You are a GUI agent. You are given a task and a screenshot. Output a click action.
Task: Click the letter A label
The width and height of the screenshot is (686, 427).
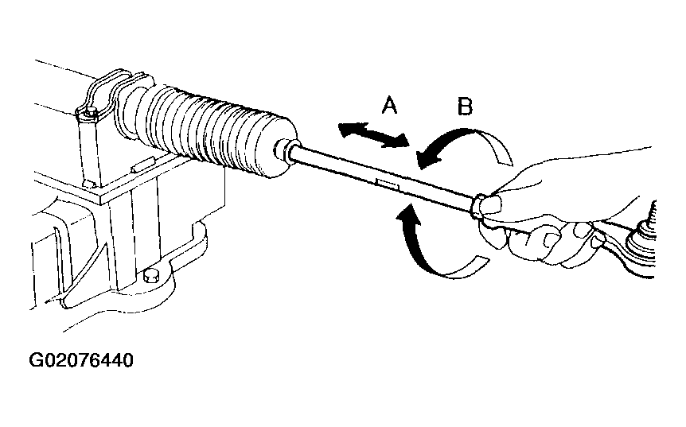pyautogui.click(x=389, y=106)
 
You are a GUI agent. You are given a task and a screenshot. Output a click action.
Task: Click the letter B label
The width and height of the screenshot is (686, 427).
pyautogui.click(x=465, y=107)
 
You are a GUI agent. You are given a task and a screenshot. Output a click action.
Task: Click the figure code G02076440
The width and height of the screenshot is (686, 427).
pyautogui.click(x=81, y=360)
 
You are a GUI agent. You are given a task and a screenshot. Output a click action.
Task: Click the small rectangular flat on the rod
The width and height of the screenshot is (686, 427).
pyautogui.click(x=388, y=184)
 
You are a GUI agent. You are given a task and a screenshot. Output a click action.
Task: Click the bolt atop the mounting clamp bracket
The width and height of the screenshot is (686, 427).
pyautogui.click(x=91, y=113)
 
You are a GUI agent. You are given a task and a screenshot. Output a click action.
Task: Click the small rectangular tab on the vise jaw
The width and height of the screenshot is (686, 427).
pyautogui.click(x=143, y=165)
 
